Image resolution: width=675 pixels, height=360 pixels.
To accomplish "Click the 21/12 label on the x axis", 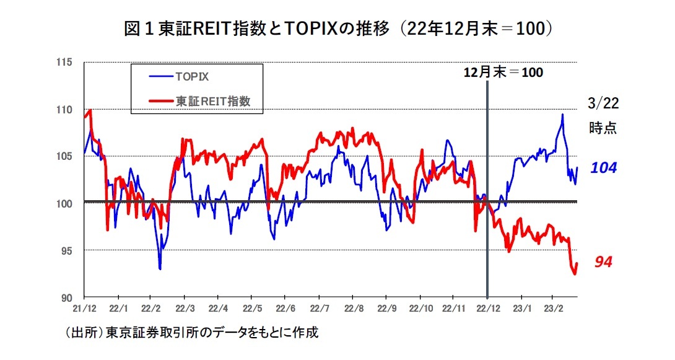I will (84, 308).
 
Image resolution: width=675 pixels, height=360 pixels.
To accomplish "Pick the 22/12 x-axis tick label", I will (487, 308).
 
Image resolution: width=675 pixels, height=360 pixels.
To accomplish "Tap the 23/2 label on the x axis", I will (553, 308).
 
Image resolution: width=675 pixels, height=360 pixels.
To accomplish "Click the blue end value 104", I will (603, 168).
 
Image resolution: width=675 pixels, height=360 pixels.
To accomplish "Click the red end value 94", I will (603, 263).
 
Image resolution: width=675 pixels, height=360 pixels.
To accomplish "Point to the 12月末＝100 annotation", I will (503, 72).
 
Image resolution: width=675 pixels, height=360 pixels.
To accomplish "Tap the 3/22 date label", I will (603, 104).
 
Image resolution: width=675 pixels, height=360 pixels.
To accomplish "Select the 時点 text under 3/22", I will (603, 128).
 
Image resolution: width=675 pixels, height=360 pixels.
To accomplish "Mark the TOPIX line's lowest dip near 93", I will (160, 269).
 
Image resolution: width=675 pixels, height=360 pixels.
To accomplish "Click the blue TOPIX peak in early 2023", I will (562, 115).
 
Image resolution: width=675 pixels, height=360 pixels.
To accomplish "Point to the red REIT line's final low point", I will (574, 274).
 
